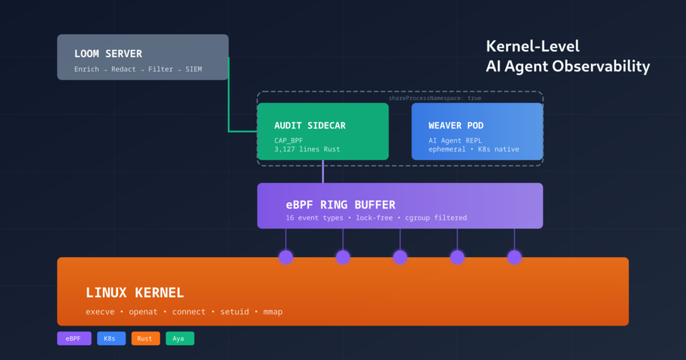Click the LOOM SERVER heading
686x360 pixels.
pos(108,54)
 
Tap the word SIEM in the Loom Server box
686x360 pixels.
pos(194,69)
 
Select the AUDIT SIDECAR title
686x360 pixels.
pos(309,125)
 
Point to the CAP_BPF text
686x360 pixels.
pos(289,140)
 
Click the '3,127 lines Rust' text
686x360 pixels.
pos(307,149)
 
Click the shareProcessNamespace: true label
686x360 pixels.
pos(434,98)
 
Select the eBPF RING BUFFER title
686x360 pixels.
pos(340,205)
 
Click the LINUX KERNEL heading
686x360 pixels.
pos(134,293)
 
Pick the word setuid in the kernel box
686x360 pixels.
pos(234,311)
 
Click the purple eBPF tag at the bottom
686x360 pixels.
pos(74,339)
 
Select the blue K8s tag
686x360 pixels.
pos(111,339)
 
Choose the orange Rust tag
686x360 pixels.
pos(145,339)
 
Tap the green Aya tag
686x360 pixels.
pos(179,339)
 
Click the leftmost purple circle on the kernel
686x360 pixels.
pos(286,257)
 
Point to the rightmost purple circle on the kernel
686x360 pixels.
pos(514,257)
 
